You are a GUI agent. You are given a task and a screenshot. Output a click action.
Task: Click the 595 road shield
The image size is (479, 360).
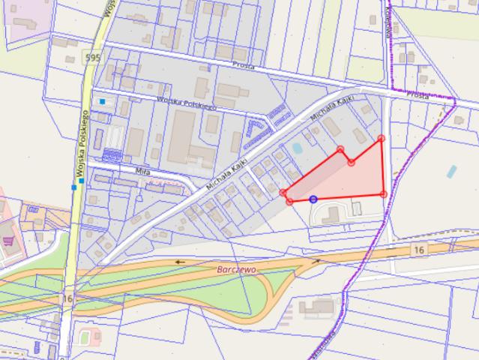(92, 58)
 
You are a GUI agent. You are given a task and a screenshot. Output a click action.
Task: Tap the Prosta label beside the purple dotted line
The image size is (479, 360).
(418, 96)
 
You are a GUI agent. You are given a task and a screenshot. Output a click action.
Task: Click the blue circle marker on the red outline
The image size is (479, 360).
(313, 199)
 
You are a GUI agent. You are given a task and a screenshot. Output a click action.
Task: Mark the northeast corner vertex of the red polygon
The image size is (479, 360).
(382, 138)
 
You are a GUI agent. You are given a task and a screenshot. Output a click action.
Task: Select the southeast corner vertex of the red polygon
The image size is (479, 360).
(384, 194)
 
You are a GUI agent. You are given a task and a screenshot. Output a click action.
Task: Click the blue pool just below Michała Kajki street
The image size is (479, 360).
(298, 148)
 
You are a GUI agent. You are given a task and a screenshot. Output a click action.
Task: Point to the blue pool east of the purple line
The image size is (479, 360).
(452, 171)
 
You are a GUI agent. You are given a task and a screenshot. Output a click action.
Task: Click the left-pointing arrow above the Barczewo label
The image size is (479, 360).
(178, 262)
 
